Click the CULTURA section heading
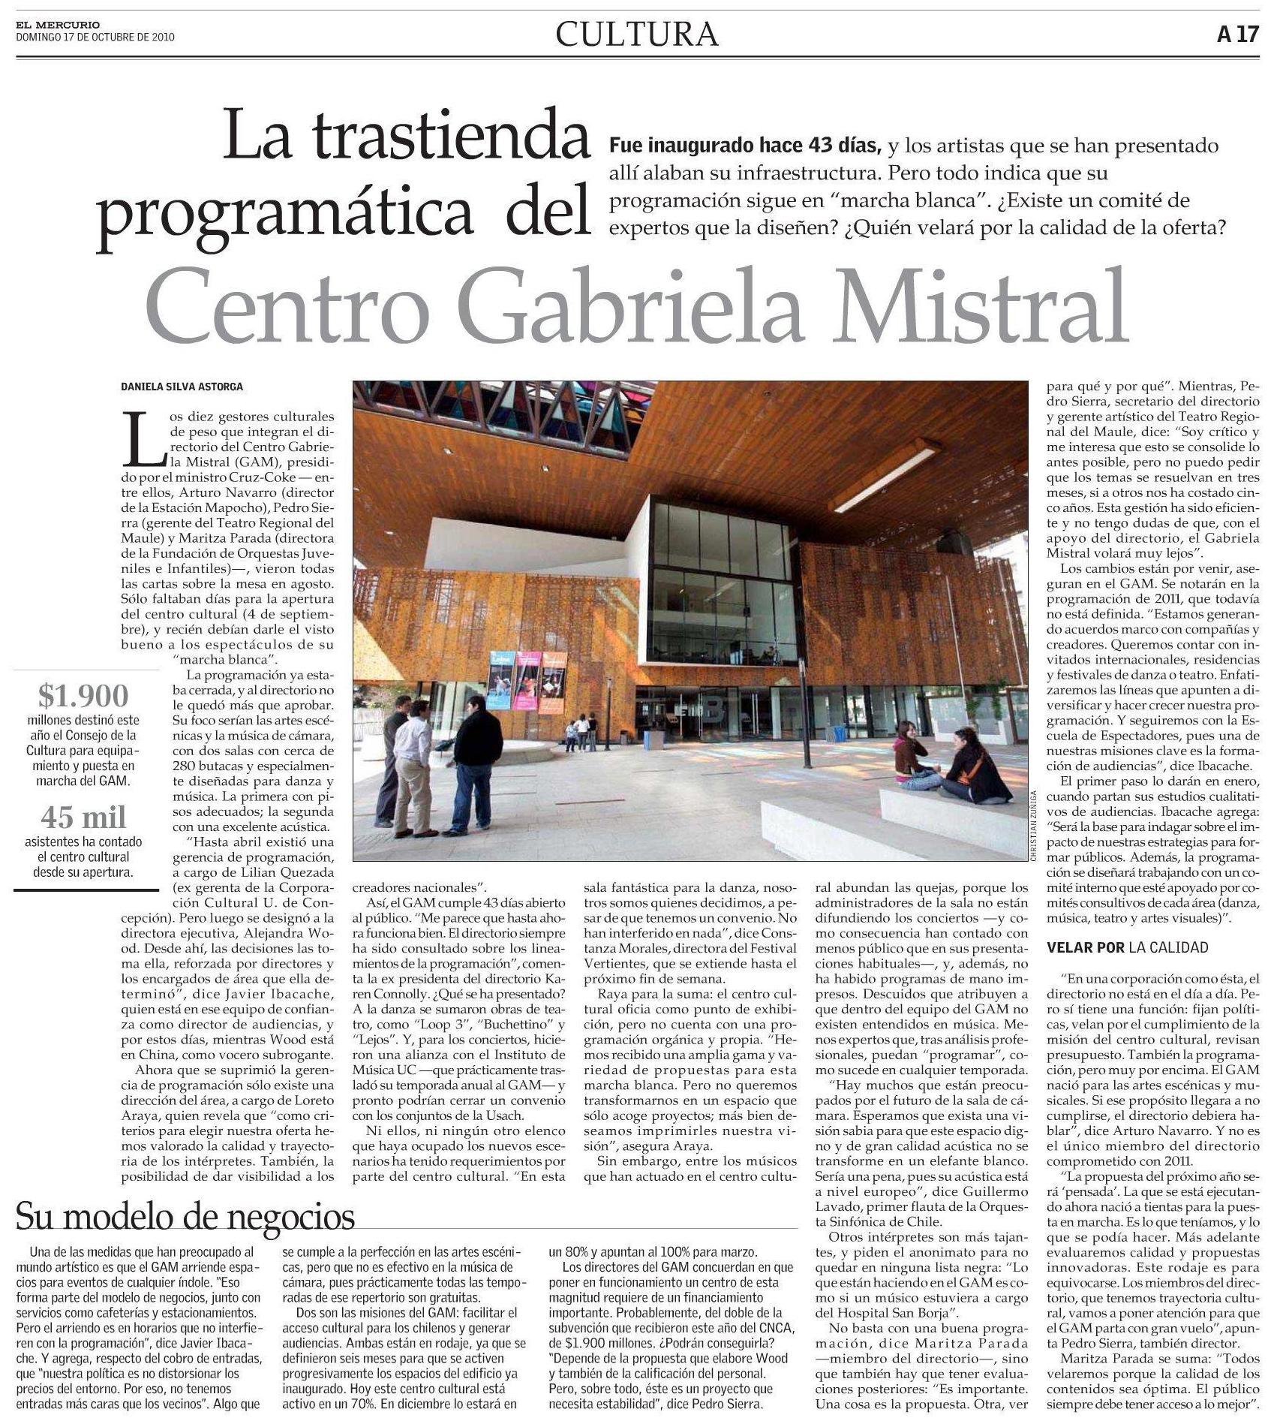637,34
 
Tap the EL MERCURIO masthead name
57,25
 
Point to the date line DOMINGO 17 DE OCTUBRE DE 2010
95,36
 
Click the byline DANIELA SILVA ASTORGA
182,387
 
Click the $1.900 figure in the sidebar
83,696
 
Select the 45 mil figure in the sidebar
83,817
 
